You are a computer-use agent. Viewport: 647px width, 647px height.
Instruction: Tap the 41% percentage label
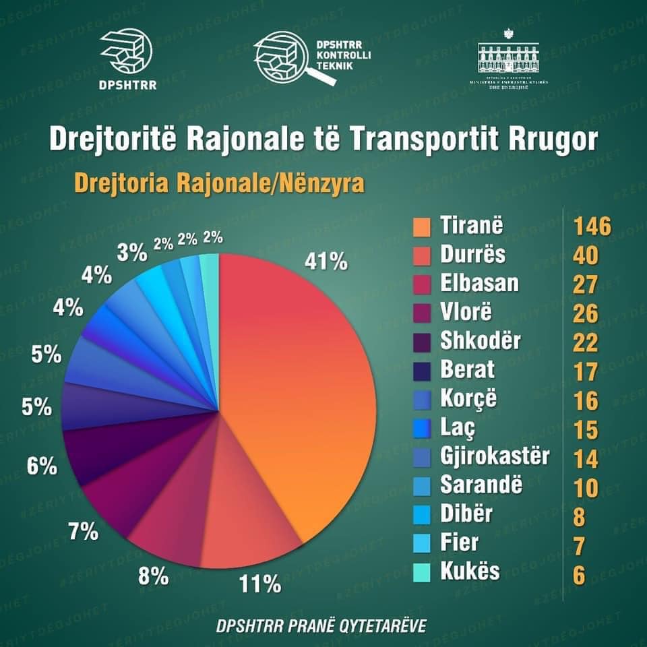(326, 261)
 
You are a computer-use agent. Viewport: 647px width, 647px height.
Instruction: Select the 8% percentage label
(154, 576)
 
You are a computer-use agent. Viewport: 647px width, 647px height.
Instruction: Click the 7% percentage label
(84, 532)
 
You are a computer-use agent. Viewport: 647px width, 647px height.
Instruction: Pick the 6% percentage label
(42, 466)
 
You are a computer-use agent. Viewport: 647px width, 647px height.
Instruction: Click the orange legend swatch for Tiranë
(421, 227)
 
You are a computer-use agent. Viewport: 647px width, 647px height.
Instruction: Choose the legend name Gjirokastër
(494, 456)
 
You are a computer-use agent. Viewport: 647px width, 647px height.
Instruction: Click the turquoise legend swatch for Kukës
(421, 572)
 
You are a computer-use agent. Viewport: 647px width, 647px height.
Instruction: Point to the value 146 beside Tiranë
(592, 227)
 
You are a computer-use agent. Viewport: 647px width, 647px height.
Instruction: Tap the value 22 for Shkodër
(586, 342)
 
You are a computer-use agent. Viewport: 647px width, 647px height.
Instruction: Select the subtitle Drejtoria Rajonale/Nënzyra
(218, 183)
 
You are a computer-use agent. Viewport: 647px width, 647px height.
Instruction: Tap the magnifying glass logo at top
(294, 60)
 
